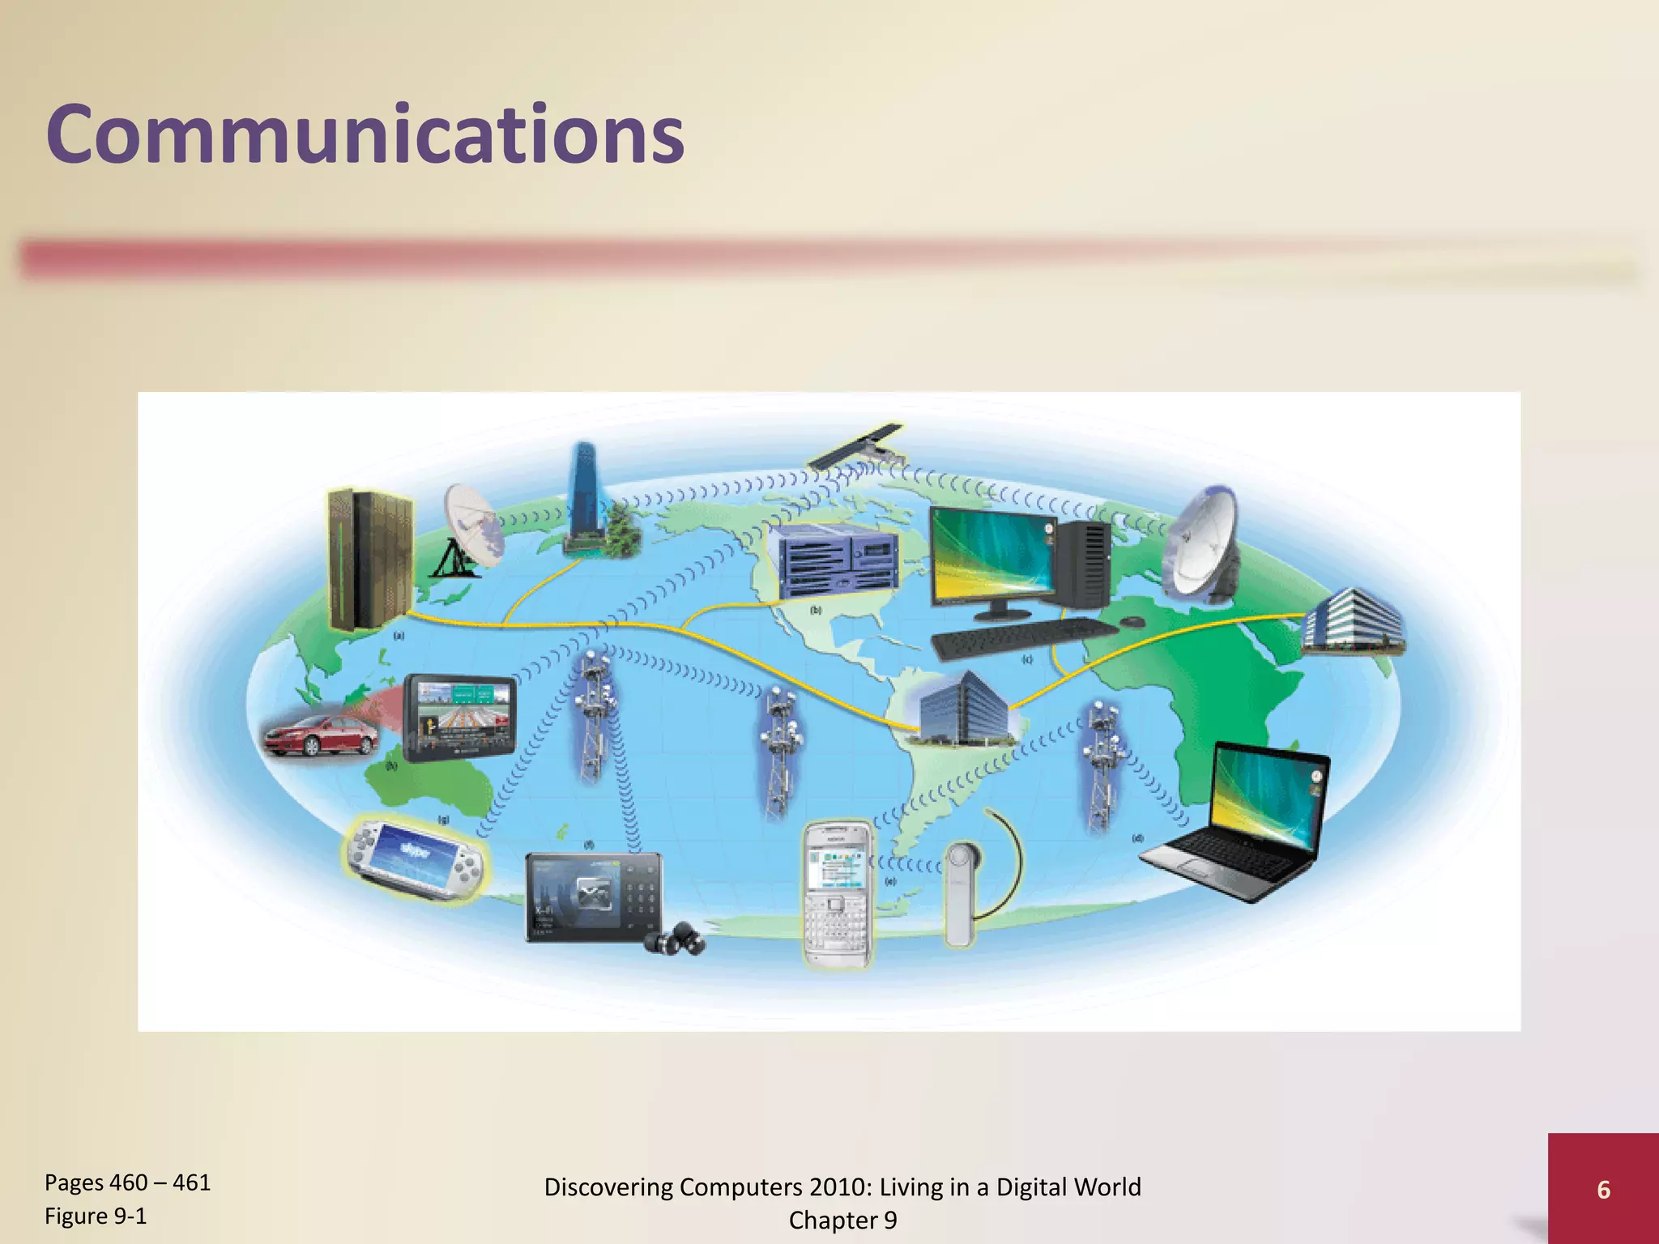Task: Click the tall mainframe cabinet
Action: pos(370,559)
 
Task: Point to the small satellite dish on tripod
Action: pos(470,530)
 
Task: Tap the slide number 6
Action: pos(1603,1190)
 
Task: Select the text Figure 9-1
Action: pos(96,1216)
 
